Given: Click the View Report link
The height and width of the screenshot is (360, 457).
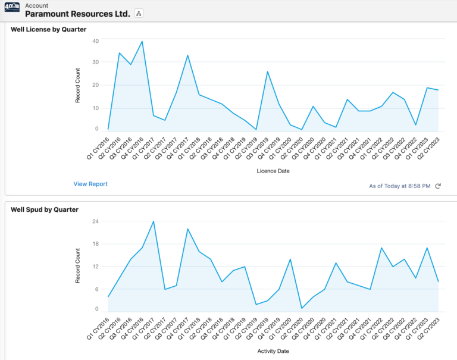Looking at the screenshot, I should [x=90, y=184].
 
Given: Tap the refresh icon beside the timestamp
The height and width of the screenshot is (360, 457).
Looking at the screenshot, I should [x=438, y=186].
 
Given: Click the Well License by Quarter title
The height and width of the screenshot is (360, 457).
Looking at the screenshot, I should [x=49, y=30].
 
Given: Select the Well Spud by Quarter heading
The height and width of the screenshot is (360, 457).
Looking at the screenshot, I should [x=45, y=209].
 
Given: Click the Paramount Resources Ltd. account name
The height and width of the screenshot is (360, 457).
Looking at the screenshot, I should [x=77, y=13].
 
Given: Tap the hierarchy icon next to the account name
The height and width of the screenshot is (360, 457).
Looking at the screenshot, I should [x=139, y=13].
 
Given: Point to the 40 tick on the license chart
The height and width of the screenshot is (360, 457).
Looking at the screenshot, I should [x=95, y=40].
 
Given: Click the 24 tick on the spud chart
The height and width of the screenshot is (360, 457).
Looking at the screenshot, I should [x=95, y=221].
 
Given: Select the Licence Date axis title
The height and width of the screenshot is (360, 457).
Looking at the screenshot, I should [x=273, y=171].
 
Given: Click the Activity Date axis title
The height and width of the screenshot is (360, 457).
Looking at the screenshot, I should [x=273, y=351].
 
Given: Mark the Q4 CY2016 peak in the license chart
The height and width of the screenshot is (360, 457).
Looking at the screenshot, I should [x=142, y=42].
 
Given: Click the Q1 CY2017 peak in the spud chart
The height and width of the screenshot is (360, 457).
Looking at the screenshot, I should [x=154, y=221].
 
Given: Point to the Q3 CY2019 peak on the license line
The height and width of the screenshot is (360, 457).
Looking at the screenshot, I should [x=267, y=71].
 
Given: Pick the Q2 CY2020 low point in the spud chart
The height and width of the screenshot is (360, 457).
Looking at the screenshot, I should [x=302, y=308].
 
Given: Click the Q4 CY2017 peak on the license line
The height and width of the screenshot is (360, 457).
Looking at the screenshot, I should [x=187, y=55].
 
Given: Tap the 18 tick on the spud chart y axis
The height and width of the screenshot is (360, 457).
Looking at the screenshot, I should [x=95, y=243].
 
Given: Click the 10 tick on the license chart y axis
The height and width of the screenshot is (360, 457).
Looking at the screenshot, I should [x=95, y=108].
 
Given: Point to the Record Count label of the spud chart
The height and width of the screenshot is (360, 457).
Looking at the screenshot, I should [x=77, y=264].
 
